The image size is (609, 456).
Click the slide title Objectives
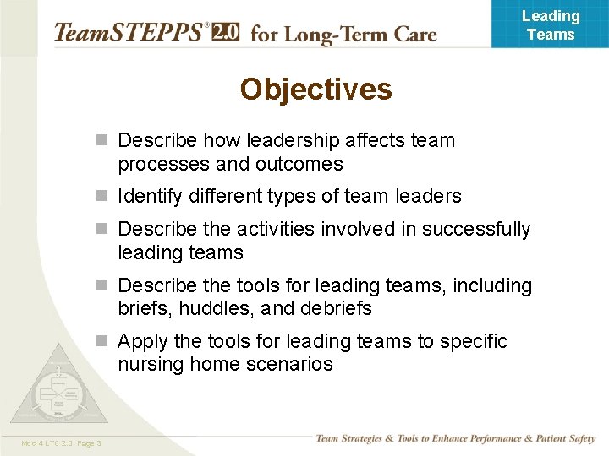[x=315, y=90]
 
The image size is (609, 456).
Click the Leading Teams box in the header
[x=550, y=24]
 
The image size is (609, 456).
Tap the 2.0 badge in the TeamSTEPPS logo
[x=226, y=32]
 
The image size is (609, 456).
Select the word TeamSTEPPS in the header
[x=129, y=33]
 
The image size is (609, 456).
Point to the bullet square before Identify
[x=102, y=197]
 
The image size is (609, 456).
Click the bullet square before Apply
[x=102, y=342]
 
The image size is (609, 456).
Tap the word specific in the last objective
[x=472, y=341]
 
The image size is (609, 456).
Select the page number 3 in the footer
[x=99, y=443]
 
